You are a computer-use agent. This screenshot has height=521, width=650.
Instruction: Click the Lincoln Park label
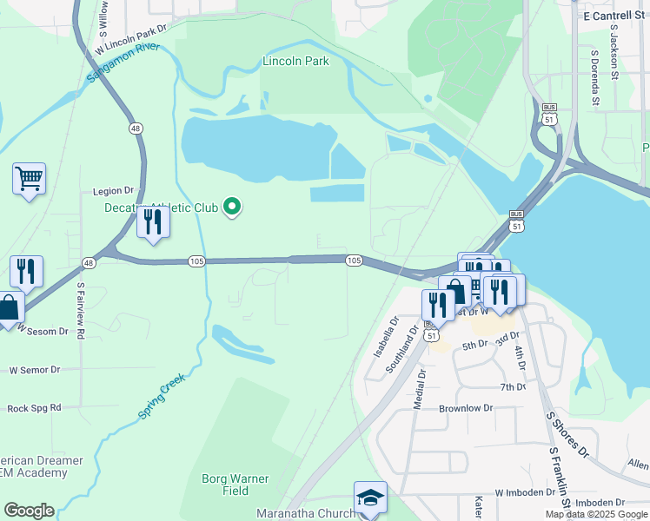[296, 62]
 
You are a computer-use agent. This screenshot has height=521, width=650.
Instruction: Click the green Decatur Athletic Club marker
[232, 207]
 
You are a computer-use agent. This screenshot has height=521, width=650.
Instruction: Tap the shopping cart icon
[29, 180]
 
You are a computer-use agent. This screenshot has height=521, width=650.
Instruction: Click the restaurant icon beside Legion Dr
[153, 223]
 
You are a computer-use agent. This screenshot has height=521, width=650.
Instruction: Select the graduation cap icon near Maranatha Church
[370, 498]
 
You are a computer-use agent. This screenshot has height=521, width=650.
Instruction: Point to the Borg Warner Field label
[235, 485]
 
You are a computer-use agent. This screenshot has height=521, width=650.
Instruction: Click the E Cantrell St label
[615, 16]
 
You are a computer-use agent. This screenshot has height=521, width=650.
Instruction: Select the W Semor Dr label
[34, 370]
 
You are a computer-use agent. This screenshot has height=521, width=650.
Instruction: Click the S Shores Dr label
[567, 435]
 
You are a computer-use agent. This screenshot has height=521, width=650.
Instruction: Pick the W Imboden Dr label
[525, 492]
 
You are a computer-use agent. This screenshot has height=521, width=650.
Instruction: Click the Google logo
[29, 510]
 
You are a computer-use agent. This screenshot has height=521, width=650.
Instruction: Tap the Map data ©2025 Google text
[596, 514]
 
